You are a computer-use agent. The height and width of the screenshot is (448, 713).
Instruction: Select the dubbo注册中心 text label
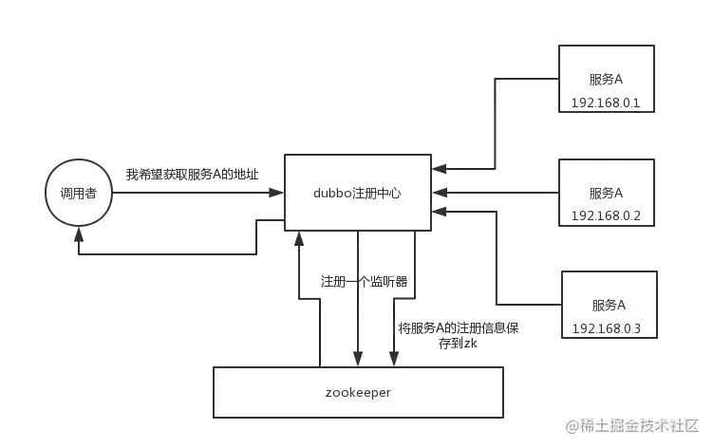click(x=356, y=193)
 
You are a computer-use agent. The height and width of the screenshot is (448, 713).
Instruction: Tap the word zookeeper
click(x=357, y=391)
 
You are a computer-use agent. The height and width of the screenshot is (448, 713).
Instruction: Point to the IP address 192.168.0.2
click(x=607, y=215)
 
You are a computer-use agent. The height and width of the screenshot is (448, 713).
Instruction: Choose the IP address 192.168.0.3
click(x=608, y=328)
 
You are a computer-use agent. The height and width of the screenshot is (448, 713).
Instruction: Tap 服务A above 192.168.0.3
click(x=609, y=306)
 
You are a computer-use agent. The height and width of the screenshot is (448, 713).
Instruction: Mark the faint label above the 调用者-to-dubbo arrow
click(x=190, y=175)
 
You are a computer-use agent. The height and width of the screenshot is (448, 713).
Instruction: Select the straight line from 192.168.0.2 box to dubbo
click(x=494, y=194)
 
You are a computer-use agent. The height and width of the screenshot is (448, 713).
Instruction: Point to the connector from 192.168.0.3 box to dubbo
click(x=493, y=275)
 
